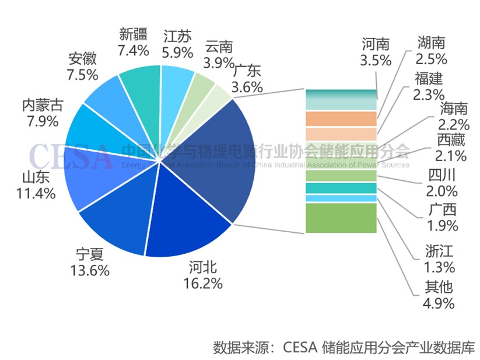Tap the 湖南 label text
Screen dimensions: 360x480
click(432, 42)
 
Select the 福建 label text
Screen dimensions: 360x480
click(429, 78)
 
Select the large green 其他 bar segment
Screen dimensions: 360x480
click(341, 218)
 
